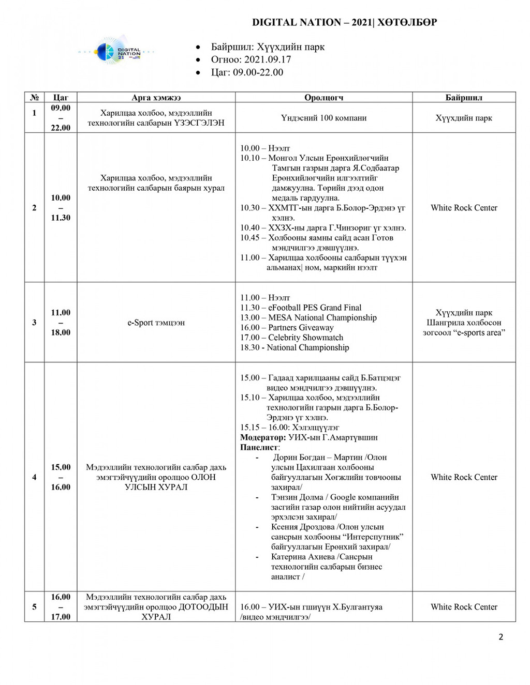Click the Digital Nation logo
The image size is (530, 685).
pos(117,51)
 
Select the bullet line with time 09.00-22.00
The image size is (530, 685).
pos(247,72)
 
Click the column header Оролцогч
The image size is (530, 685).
pos(323,97)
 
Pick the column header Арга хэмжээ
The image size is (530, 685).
pos(156,97)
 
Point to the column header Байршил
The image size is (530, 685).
pos(464,97)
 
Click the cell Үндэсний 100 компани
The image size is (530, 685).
pos(323,118)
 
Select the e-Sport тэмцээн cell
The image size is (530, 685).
pos(156,323)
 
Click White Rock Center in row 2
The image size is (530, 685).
pos(464,208)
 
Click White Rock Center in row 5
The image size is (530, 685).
pos(464,607)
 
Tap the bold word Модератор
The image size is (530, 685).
pos(262,437)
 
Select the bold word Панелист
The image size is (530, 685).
pos(259,447)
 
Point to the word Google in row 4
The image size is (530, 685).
pos(342,497)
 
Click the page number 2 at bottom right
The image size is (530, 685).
pos(500,637)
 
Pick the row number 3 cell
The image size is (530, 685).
pos(34,323)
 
